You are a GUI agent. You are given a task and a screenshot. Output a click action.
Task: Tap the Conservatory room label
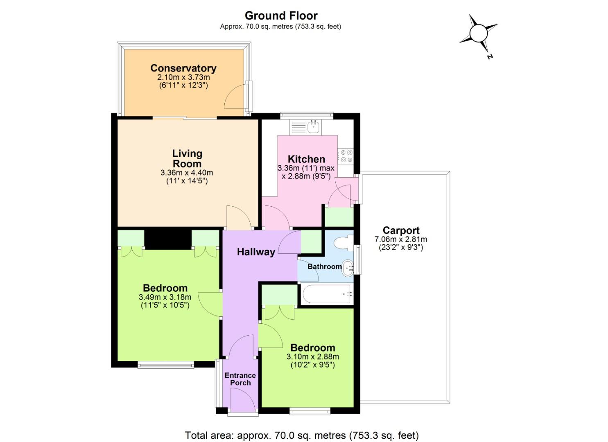tap(183, 68)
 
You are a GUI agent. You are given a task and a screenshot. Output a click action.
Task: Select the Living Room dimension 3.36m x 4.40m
tap(187, 173)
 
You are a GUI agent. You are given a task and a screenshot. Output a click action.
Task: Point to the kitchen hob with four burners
tap(346, 156)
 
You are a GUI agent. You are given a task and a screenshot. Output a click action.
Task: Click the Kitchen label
tap(306, 159)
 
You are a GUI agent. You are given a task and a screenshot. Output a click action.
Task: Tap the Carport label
tap(401, 230)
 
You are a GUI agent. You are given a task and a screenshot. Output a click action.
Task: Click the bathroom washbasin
tap(347, 268)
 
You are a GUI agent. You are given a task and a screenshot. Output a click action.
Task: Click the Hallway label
tap(256, 252)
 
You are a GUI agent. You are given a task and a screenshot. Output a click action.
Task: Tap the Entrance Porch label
tap(240, 379)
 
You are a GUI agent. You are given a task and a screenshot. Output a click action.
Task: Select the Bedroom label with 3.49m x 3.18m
tap(165, 288)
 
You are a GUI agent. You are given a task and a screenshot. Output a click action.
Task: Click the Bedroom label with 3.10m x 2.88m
tap(313, 347)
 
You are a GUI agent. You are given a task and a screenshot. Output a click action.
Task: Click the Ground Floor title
tap(281, 16)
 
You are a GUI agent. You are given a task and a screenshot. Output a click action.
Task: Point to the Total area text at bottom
tap(302, 435)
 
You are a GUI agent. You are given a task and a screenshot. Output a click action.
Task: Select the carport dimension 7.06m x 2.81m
tap(400, 239)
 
